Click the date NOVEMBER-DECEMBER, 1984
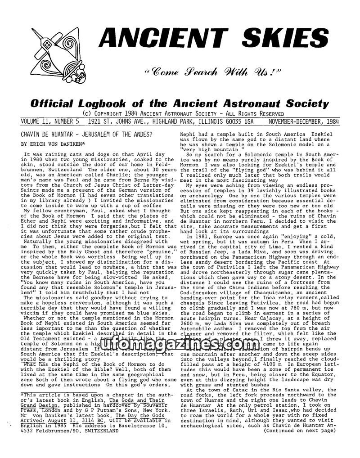coord(304,121)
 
